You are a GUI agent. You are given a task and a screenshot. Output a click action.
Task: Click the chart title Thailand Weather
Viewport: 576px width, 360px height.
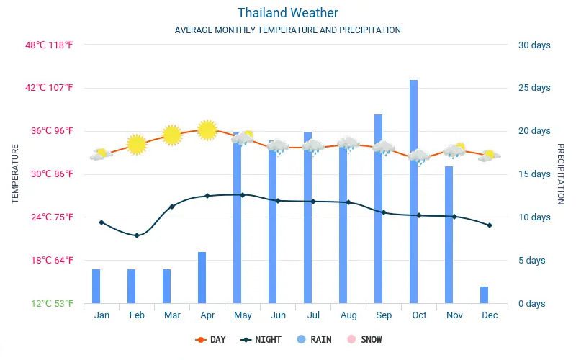pos(287,13)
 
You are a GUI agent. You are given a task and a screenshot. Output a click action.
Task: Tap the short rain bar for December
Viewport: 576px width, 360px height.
pos(485,294)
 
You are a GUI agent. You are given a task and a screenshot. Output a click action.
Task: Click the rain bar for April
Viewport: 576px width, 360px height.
pos(202,277)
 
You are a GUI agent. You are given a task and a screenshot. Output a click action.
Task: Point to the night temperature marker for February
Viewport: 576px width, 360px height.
pos(137,235)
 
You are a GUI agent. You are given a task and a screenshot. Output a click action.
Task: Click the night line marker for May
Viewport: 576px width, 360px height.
pos(243,195)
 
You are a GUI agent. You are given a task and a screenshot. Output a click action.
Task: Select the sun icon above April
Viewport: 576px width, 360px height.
pos(207,130)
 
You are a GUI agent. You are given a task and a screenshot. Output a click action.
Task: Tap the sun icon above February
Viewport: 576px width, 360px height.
pos(137,144)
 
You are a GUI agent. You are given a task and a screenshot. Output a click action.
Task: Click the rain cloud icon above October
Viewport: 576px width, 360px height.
pos(418,156)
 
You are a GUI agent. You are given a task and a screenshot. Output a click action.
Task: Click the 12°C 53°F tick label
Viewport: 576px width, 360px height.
pos(52,303)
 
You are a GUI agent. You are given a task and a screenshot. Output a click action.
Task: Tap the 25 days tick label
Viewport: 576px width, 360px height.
pos(534,88)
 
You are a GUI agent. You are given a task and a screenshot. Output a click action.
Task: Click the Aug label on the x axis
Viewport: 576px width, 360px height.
pos(348,315)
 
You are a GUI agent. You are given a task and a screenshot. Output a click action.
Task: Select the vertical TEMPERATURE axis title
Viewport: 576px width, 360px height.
pos(15,174)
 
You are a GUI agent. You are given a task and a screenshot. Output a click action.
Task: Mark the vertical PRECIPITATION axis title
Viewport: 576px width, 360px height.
pos(560,174)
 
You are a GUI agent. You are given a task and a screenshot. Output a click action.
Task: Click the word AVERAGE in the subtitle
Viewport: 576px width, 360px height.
pos(194,30)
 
